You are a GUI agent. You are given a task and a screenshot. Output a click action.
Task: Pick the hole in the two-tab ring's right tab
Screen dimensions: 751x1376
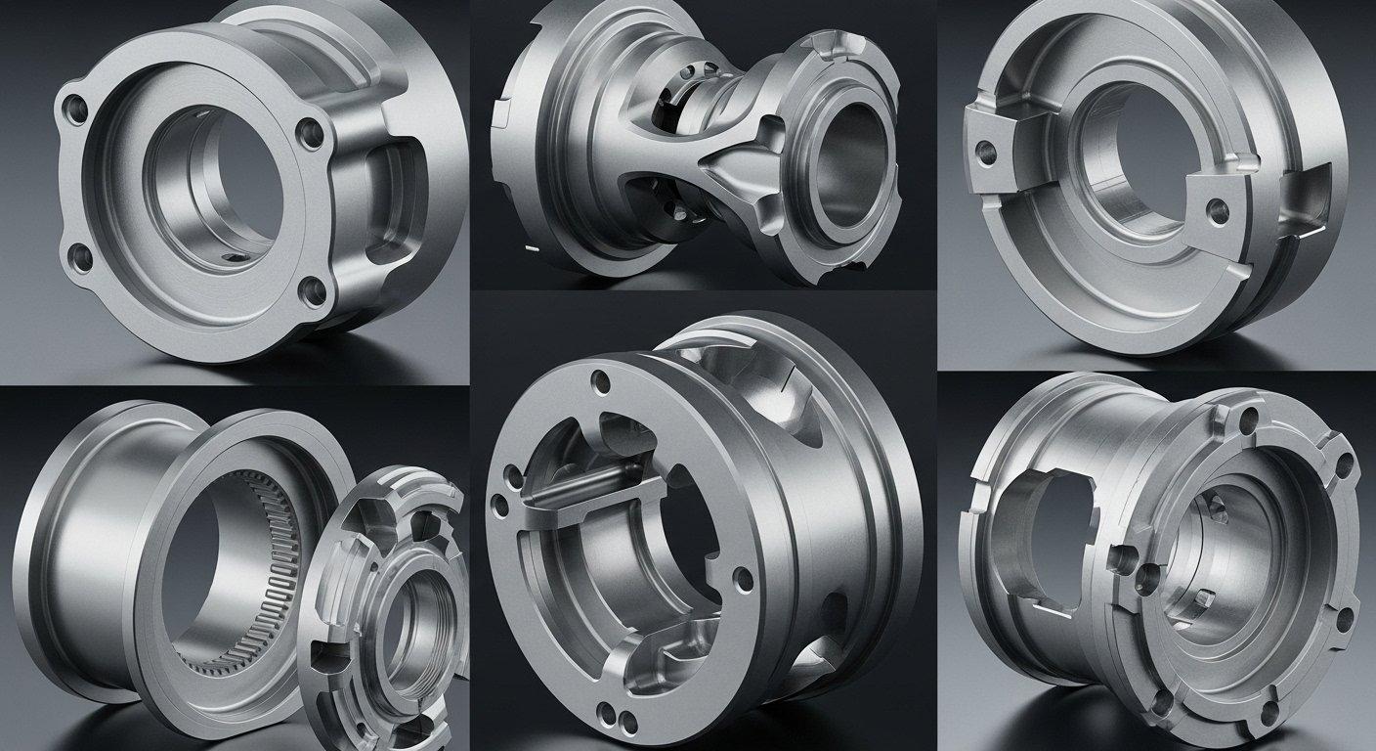pos(1215,208)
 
